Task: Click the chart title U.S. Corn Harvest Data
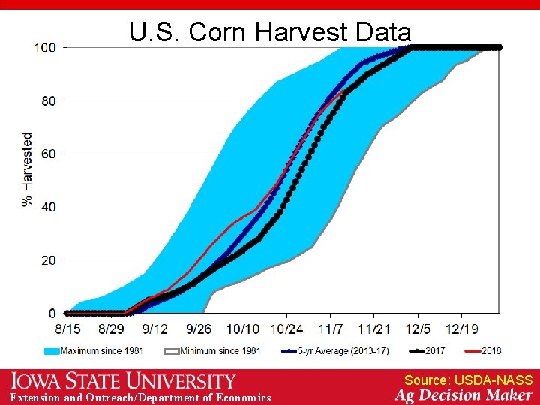[x=269, y=32]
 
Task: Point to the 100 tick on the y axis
[x=45, y=47]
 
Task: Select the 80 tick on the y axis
[x=48, y=100]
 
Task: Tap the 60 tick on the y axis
[x=48, y=154]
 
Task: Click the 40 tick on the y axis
[x=48, y=207]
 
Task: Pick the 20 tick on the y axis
[x=48, y=260]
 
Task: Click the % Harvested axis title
[x=28, y=170]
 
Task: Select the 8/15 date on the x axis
[x=67, y=328]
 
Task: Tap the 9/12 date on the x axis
[x=155, y=328]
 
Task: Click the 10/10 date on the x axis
[x=243, y=328]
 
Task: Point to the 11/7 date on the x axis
[x=331, y=328]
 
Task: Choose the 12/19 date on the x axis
[x=462, y=328]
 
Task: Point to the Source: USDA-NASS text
[x=468, y=380]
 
